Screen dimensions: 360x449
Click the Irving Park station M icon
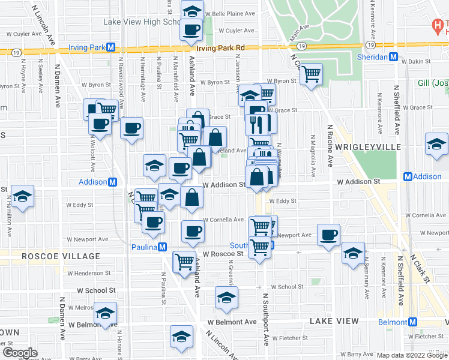pos(111,47)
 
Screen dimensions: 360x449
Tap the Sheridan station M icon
pos(394,57)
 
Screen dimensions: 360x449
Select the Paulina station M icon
pos(162,247)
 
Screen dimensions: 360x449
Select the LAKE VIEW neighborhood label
pos(334,322)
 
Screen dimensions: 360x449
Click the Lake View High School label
pos(142,22)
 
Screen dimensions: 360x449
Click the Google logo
pos(20,352)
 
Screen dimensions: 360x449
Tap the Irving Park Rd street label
pos(222,48)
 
